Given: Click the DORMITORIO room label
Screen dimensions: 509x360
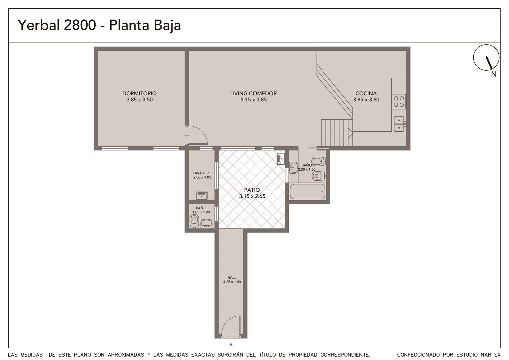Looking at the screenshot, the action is [139, 93].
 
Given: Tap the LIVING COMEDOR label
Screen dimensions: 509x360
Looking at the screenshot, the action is [254, 93].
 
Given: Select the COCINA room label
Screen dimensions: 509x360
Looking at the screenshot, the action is [366, 93].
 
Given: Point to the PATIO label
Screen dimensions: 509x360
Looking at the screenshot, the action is [252, 190].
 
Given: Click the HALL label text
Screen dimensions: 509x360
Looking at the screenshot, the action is [232, 277].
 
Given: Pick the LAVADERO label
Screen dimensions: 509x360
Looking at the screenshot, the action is [202, 173].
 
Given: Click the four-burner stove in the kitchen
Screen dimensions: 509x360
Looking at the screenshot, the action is [398, 101].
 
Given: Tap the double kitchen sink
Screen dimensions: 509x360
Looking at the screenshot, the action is [399, 124].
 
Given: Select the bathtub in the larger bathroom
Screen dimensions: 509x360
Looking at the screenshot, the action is [307, 191].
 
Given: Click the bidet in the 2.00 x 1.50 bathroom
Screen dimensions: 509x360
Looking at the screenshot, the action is [319, 161].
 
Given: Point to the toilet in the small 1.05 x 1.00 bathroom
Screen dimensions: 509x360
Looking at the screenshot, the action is [194, 221].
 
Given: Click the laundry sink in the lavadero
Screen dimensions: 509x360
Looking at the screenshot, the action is [202, 196].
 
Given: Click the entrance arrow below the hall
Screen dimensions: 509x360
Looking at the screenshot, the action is [231, 344].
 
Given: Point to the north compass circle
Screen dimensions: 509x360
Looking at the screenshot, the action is [486, 58].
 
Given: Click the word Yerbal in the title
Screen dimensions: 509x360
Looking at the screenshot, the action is [39, 25].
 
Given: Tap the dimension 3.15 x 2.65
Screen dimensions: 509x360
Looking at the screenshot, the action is [252, 196].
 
